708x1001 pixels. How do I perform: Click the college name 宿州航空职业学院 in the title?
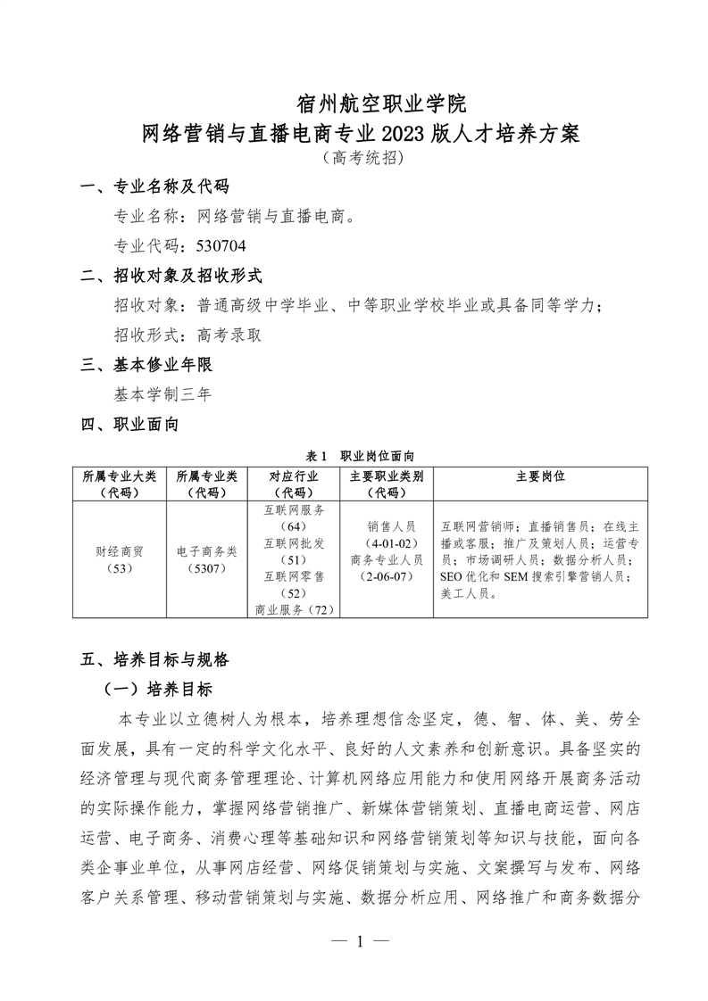click(x=381, y=102)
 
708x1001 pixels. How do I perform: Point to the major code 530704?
click(x=213, y=244)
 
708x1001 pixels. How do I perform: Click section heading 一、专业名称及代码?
click(x=155, y=186)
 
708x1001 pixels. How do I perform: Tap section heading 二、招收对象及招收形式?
click(x=172, y=276)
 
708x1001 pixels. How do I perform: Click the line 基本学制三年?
click(x=162, y=393)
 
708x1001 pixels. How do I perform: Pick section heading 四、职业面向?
click(x=130, y=424)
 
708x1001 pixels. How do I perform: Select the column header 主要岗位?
click(x=540, y=476)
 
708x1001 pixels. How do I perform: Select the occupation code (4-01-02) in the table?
click(x=387, y=543)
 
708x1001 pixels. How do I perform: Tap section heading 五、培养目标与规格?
click(x=155, y=659)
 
